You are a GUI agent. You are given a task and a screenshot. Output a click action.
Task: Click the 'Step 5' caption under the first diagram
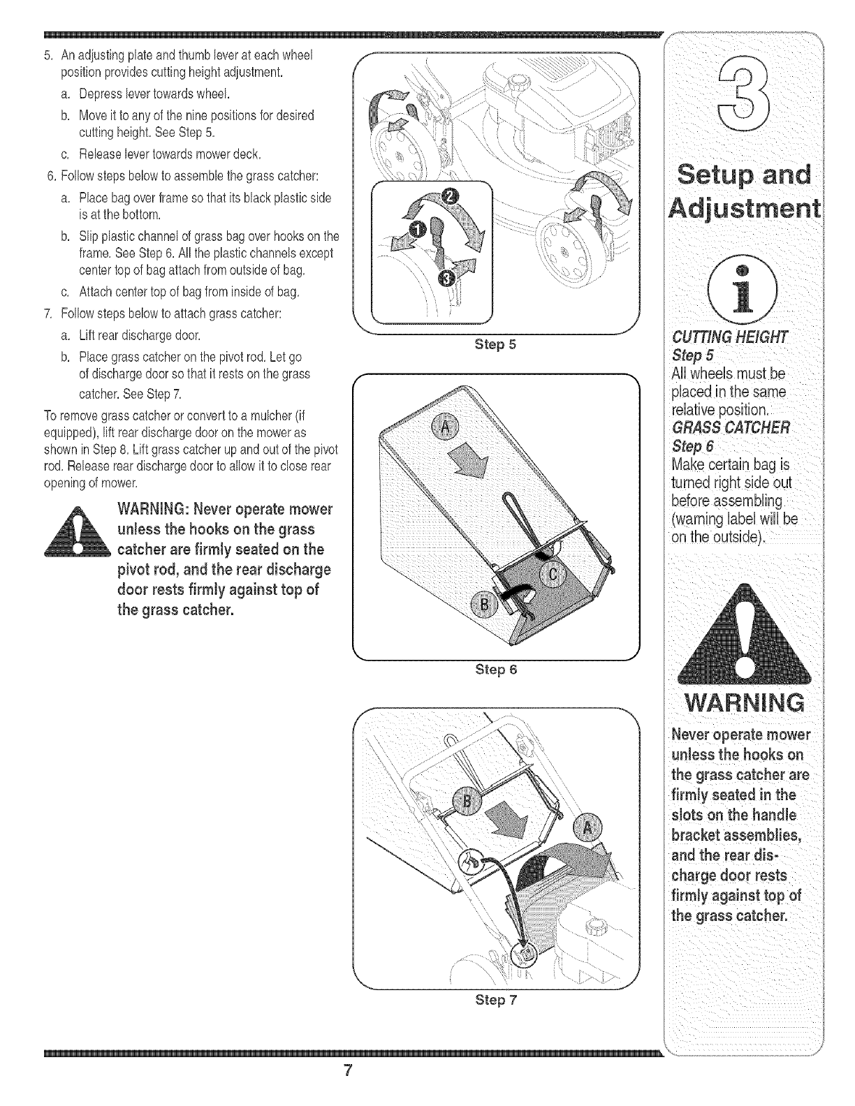coord(495,344)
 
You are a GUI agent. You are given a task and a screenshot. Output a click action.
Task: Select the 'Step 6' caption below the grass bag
coord(495,670)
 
